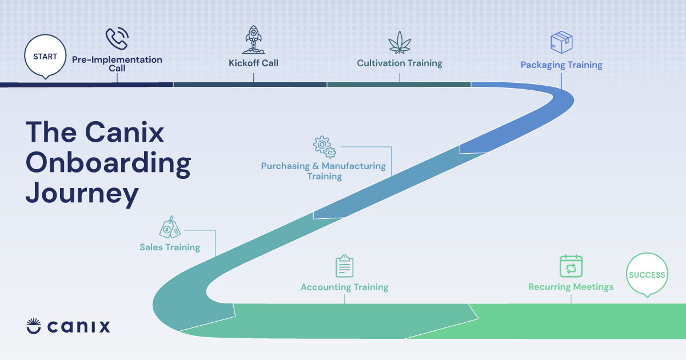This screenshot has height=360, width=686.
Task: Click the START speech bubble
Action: (45, 57)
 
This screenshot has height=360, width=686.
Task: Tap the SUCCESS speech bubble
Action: (647, 275)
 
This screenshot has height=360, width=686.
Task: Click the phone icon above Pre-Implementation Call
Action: (117, 39)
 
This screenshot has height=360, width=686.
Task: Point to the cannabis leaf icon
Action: (400, 42)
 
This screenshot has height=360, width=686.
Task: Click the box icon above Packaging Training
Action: (561, 42)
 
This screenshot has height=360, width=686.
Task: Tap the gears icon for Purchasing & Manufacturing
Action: (324, 146)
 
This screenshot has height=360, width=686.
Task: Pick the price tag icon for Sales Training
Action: (169, 229)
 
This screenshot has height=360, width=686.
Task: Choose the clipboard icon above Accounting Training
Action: (344, 266)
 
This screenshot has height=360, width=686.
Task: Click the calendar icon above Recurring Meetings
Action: (571, 266)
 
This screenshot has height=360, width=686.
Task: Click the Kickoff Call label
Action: (253, 63)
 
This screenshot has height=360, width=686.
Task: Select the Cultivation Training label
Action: (400, 63)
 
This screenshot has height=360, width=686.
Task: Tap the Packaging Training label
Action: (561, 65)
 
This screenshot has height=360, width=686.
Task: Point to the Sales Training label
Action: (170, 247)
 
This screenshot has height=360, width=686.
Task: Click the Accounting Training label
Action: (344, 287)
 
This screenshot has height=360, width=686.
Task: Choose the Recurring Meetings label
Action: (571, 287)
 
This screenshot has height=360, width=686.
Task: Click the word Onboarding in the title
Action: (108, 163)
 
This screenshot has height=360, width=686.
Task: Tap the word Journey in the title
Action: (82, 193)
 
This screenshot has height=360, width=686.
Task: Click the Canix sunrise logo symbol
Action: (34, 326)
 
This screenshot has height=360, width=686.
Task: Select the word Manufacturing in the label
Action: (353, 166)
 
